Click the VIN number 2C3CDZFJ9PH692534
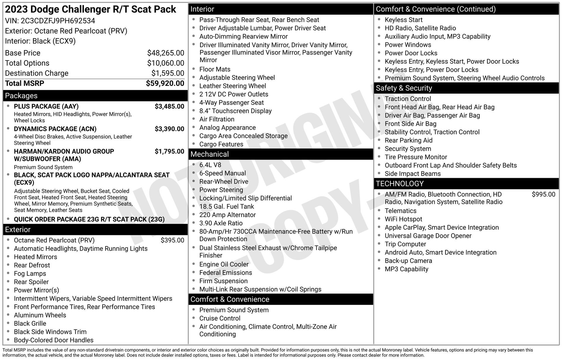58,21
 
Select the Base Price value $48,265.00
165,53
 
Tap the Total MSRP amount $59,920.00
165,83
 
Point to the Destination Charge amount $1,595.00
168,73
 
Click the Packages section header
21,96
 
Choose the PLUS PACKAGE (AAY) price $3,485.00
169,106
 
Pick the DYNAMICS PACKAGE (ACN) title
55,129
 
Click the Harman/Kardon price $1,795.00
169,151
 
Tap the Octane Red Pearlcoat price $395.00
172,240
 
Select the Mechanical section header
210,154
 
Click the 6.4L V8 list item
210,165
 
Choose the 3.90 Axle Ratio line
221,223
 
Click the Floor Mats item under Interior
215,69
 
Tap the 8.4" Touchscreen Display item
235,111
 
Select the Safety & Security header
404,88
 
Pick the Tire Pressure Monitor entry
416,157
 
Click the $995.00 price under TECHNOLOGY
543,194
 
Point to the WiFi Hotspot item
403,219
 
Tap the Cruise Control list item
220,318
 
